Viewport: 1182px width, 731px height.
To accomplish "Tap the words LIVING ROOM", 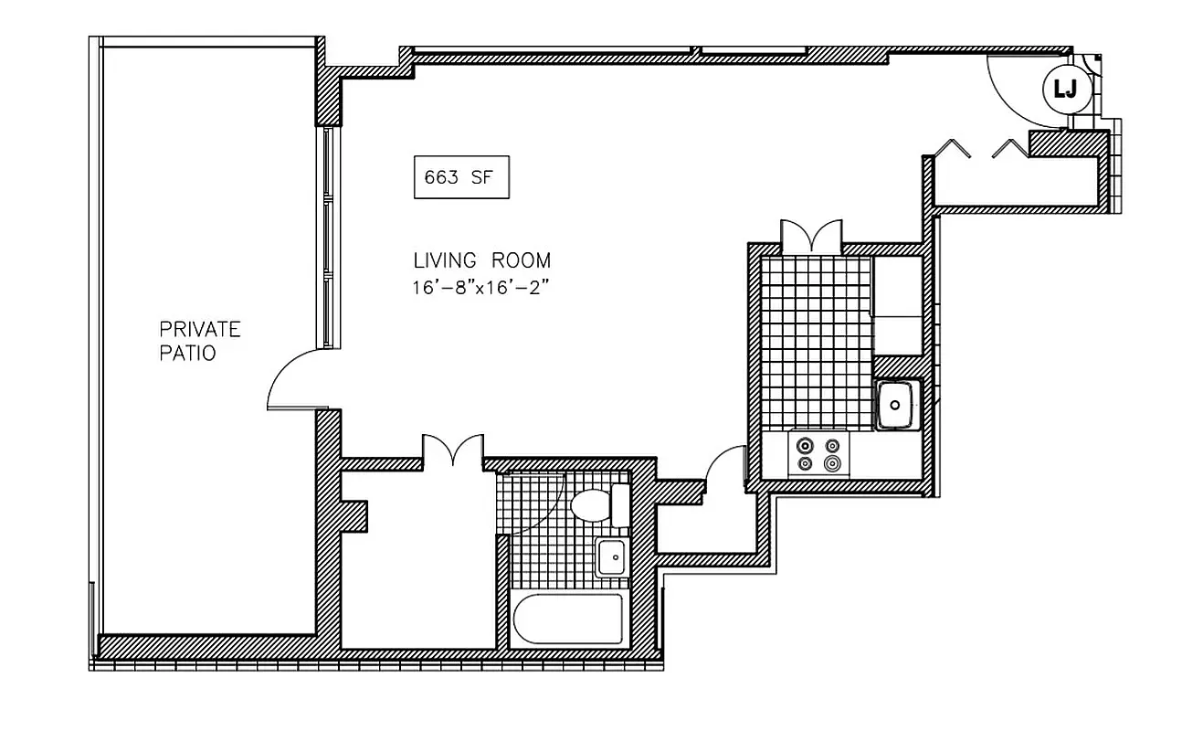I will tap(482, 260).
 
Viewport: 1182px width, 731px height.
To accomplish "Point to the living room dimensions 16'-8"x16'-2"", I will tap(484, 286).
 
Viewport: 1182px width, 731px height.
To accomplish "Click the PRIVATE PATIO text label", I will tap(200, 341).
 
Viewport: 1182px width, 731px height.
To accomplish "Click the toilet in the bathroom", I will tap(595, 504).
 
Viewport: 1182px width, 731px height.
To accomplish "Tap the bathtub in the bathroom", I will tap(567, 620).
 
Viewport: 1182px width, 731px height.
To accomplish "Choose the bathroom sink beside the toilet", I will tap(611, 557).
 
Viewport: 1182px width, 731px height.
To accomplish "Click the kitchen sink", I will tap(896, 403).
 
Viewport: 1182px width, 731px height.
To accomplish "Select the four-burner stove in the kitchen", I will tap(818, 454).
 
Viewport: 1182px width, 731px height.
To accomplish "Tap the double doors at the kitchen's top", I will tap(811, 237).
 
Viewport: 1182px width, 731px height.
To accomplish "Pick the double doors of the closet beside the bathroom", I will tap(452, 450).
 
